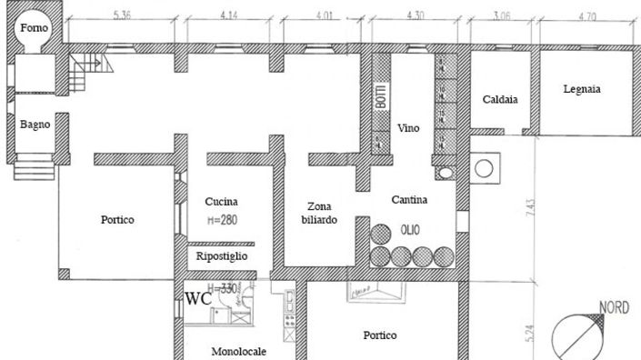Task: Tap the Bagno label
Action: tap(35, 125)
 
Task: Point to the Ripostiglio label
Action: tap(222, 257)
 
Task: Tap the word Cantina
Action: tap(409, 199)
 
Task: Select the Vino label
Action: tap(409, 128)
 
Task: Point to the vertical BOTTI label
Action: tap(382, 96)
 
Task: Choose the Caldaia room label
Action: tap(500, 100)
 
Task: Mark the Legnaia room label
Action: tap(582, 89)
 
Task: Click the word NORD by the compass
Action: tap(615, 308)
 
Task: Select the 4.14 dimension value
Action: tap(227, 15)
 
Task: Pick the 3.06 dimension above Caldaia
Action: tap(500, 15)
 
